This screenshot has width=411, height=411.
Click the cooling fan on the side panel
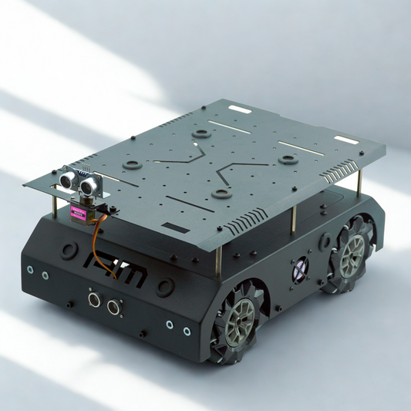click(x=299, y=269)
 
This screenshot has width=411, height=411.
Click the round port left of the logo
click(x=69, y=250)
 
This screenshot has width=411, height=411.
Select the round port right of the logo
click(x=164, y=287)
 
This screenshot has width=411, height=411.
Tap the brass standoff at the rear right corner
click(x=360, y=182)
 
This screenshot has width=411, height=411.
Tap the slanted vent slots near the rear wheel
click(x=336, y=177)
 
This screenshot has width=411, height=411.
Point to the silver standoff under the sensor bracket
click(x=53, y=207)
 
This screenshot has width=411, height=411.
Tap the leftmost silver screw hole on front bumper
click(x=30, y=271)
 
